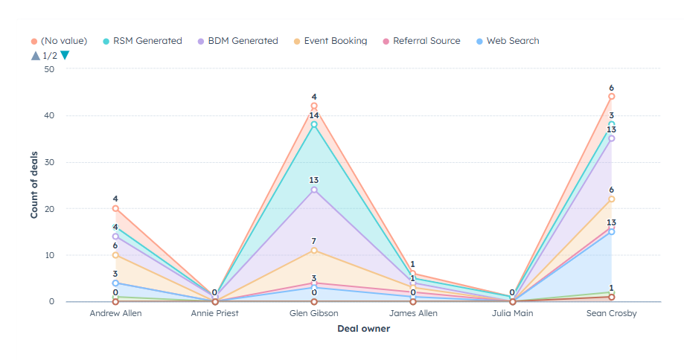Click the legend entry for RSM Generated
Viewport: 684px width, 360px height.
pyautogui.click(x=147, y=41)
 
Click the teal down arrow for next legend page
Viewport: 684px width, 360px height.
pyautogui.click(x=65, y=55)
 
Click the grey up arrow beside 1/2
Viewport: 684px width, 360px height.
pyautogui.click(x=35, y=55)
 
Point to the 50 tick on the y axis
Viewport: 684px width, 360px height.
pyautogui.click(x=49, y=69)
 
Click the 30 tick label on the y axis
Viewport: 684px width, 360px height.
pyautogui.click(x=49, y=162)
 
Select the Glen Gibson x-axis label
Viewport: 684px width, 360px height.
pyautogui.click(x=314, y=314)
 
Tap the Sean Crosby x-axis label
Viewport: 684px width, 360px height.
pyautogui.click(x=611, y=314)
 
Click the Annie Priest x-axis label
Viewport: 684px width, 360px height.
pyautogui.click(x=214, y=314)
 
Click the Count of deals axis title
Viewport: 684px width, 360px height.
pyautogui.click(x=34, y=185)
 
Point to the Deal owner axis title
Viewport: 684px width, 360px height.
pyautogui.click(x=363, y=328)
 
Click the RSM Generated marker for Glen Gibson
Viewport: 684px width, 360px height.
pyautogui.click(x=314, y=125)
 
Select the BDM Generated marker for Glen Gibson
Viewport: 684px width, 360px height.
pyautogui.click(x=314, y=190)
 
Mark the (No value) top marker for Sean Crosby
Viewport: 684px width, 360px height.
pyautogui.click(x=611, y=97)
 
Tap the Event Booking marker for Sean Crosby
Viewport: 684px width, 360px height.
pyautogui.click(x=611, y=199)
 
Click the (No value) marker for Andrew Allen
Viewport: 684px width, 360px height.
pyautogui.click(x=115, y=208)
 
